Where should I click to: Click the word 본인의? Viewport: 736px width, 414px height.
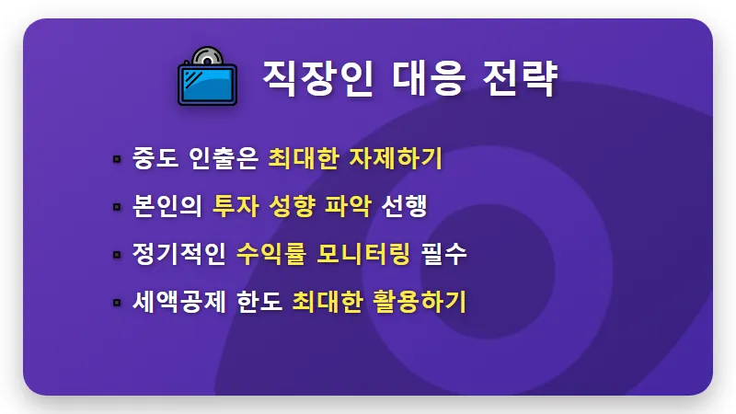167,205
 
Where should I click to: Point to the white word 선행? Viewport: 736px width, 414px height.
406,205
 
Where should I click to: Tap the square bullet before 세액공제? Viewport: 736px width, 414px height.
117,302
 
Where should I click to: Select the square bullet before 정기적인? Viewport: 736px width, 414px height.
117,254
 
